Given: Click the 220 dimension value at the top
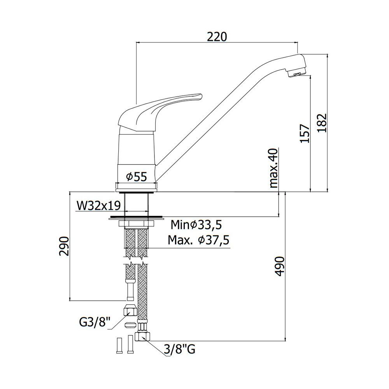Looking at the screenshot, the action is pos(217,37).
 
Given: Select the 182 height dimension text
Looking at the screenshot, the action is pos(322,123).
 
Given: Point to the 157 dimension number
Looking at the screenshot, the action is pos(305,133).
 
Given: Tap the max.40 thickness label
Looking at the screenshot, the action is pos(273,168).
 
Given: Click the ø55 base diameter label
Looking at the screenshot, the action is pos(137,177).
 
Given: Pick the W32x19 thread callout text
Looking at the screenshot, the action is pos(99,206).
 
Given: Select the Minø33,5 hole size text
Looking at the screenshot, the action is pos(196,225).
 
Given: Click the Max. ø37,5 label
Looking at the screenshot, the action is pos(198,240).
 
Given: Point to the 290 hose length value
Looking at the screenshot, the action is pos(64,246).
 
